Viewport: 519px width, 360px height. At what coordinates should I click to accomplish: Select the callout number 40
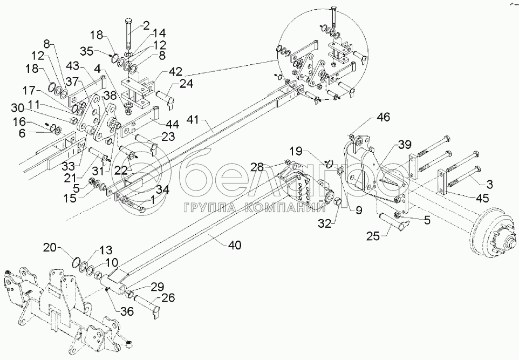pyautogui.click(x=234, y=246)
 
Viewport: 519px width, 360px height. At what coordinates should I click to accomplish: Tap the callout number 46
pyautogui.click(x=383, y=117)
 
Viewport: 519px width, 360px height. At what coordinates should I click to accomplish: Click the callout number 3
pyautogui.click(x=489, y=185)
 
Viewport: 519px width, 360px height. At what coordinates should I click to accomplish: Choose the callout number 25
pyautogui.click(x=373, y=236)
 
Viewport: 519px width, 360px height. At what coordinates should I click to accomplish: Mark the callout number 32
pyautogui.click(x=325, y=224)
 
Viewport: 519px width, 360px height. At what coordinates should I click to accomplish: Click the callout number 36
pyautogui.click(x=127, y=311)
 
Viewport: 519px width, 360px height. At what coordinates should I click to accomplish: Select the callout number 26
pyautogui.click(x=168, y=297)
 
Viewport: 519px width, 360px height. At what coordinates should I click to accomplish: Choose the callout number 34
pyautogui.click(x=162, y=190)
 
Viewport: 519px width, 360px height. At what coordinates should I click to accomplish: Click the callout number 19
pyautogui.click(x=296, y=152)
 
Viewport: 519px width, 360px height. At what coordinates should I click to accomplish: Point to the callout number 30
pyautogui.click(x=18, y=108)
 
